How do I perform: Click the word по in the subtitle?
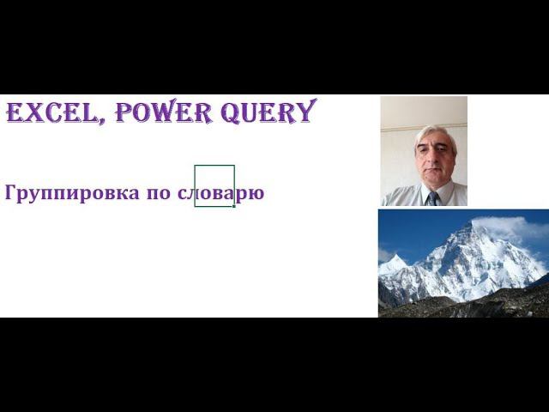pos(158,193)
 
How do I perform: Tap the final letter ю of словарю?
pos(256,193)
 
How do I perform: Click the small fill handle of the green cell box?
pos(234,206)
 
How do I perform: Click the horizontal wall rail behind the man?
pos(396,128)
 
